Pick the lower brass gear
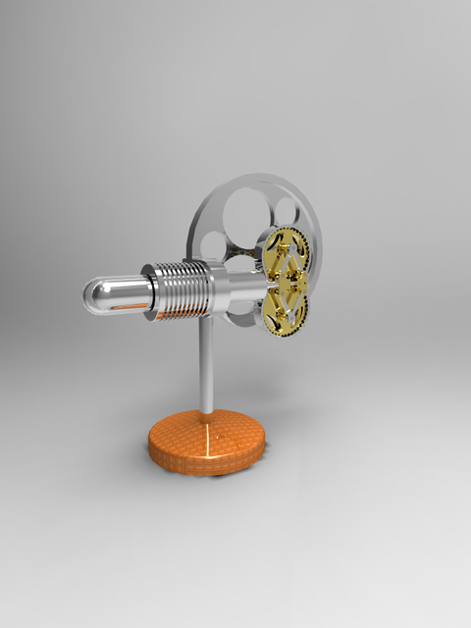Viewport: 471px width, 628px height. coord(286,312)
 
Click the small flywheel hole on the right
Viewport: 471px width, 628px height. coord(286,209)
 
